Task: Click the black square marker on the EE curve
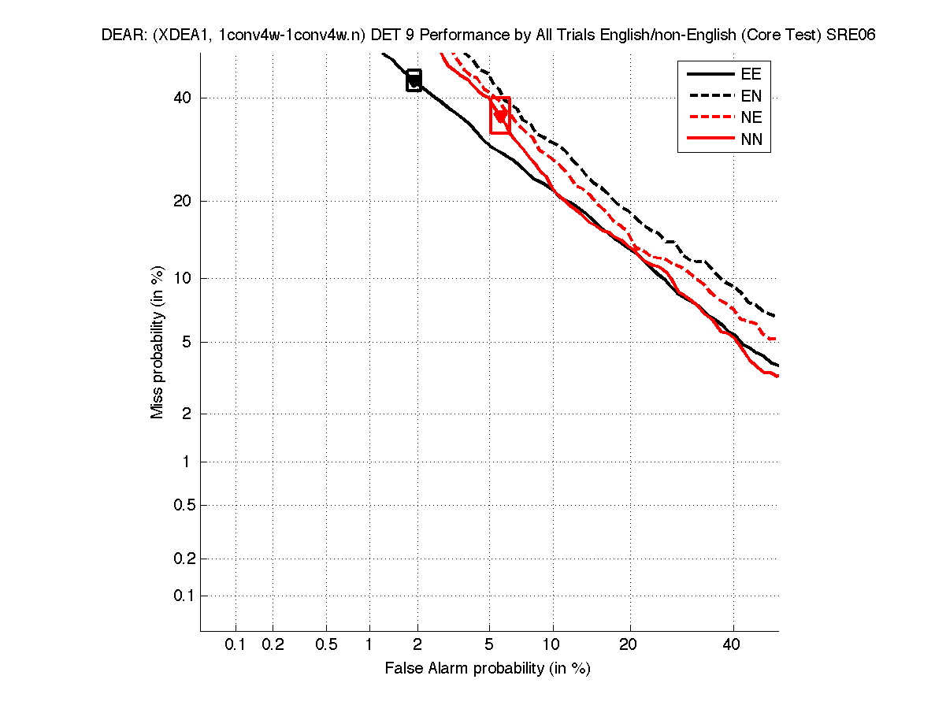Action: (414, 80)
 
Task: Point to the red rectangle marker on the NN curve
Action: (500, 115)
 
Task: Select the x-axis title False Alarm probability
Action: (488, 669)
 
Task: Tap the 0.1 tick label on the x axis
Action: (236, 644)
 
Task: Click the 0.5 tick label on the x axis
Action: (326, 644)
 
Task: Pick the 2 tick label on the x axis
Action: (417, 644)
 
